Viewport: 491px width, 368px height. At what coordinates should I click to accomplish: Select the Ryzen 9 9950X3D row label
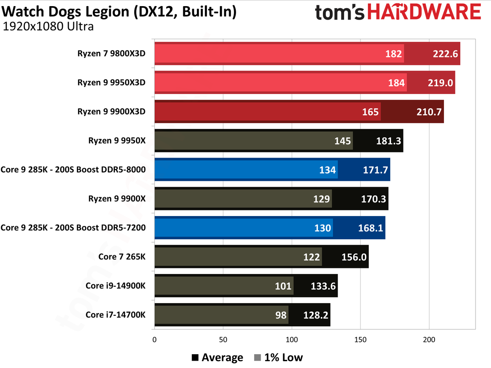click(111, 83)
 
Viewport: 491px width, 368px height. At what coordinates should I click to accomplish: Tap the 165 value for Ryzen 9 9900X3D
click(370, 112)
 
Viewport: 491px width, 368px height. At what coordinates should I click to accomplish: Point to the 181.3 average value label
click(388, 141)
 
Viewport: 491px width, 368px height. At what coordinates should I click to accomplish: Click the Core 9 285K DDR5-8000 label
click(74, 170)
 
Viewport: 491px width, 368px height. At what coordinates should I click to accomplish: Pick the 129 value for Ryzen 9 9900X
click(322, 199)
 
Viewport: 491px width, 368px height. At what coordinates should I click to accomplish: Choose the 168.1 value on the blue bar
click(370, 228)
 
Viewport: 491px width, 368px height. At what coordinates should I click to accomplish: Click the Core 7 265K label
click(122, 256)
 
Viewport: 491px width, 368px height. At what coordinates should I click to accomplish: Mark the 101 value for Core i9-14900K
click(284, 286)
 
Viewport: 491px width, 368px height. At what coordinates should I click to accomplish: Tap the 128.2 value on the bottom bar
click(315, 315)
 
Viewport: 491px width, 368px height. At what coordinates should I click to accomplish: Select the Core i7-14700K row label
click(115, 315)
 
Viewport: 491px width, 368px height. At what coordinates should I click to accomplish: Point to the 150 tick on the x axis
click(360, 339)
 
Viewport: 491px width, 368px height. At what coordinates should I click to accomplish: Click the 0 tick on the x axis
click(154, 339)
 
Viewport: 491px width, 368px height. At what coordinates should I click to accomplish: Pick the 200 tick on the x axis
click(429, 339)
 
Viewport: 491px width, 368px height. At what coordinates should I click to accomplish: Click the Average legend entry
click(217, 358)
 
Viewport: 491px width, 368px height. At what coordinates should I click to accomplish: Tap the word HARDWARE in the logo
click(422, 12)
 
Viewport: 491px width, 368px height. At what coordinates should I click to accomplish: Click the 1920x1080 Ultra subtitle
click(48, 27)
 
